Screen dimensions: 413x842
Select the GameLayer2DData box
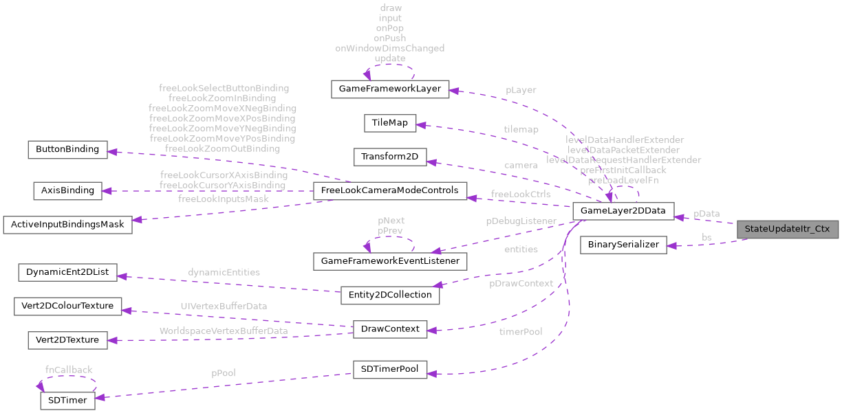click(623, 211)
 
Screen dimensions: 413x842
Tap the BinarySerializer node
click(623, 245)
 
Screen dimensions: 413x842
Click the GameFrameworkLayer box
click(390, 89)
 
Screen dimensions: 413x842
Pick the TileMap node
click(389, 123)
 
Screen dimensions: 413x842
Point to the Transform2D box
click(389, 157)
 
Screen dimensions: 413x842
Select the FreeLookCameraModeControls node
click(389, 190)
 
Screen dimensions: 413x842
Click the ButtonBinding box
click(67, 149)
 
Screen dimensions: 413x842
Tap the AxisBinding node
click(67, 190)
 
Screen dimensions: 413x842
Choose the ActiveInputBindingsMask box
click(67, 225)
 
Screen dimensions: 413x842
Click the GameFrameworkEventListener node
click(390, 261)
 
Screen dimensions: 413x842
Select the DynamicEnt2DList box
click(67, 272)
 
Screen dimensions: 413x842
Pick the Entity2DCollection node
click(389, 295)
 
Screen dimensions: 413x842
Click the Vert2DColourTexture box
click(67, 306)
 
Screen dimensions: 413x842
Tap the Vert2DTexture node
click(67, 339)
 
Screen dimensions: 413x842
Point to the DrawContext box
click(389, 328)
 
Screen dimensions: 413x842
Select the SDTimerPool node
click(389, 369)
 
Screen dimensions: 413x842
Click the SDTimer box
click(67, 401)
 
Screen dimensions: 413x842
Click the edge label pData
click(706, 214)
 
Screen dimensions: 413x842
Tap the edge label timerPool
click(521, 332)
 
